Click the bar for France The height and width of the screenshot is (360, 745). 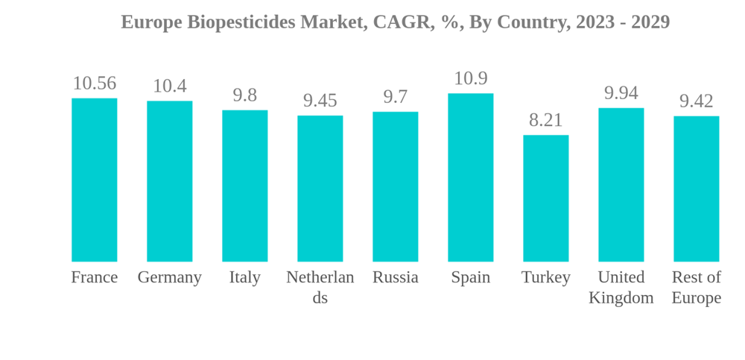pos(94,180)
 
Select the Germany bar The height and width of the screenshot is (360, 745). pos(169,181)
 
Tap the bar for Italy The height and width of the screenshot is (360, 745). pos(244,186)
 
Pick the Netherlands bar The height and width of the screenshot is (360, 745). pos(320,189)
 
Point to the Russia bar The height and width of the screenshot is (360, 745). pos(395,186)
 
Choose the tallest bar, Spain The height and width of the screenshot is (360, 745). pos(470,177)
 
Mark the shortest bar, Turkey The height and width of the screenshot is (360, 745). pos(545,198)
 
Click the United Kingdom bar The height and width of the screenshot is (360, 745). pos(621,185)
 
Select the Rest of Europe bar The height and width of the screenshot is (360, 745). pos(696,189)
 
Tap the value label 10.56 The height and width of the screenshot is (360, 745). pos(94,83)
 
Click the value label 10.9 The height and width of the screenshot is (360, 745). pos(470,78)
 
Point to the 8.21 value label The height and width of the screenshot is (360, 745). pos(545,120)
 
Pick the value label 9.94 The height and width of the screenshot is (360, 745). pos(621,93)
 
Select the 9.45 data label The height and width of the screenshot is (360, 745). pos(320,101)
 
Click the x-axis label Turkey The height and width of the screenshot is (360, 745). pos(545,277)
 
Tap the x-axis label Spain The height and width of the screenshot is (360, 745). pos(470,277)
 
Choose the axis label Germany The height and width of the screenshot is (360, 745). pos(169,277)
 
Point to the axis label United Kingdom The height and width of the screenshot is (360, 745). pos(621,287)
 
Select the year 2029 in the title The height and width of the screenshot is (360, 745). pos(650,22)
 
